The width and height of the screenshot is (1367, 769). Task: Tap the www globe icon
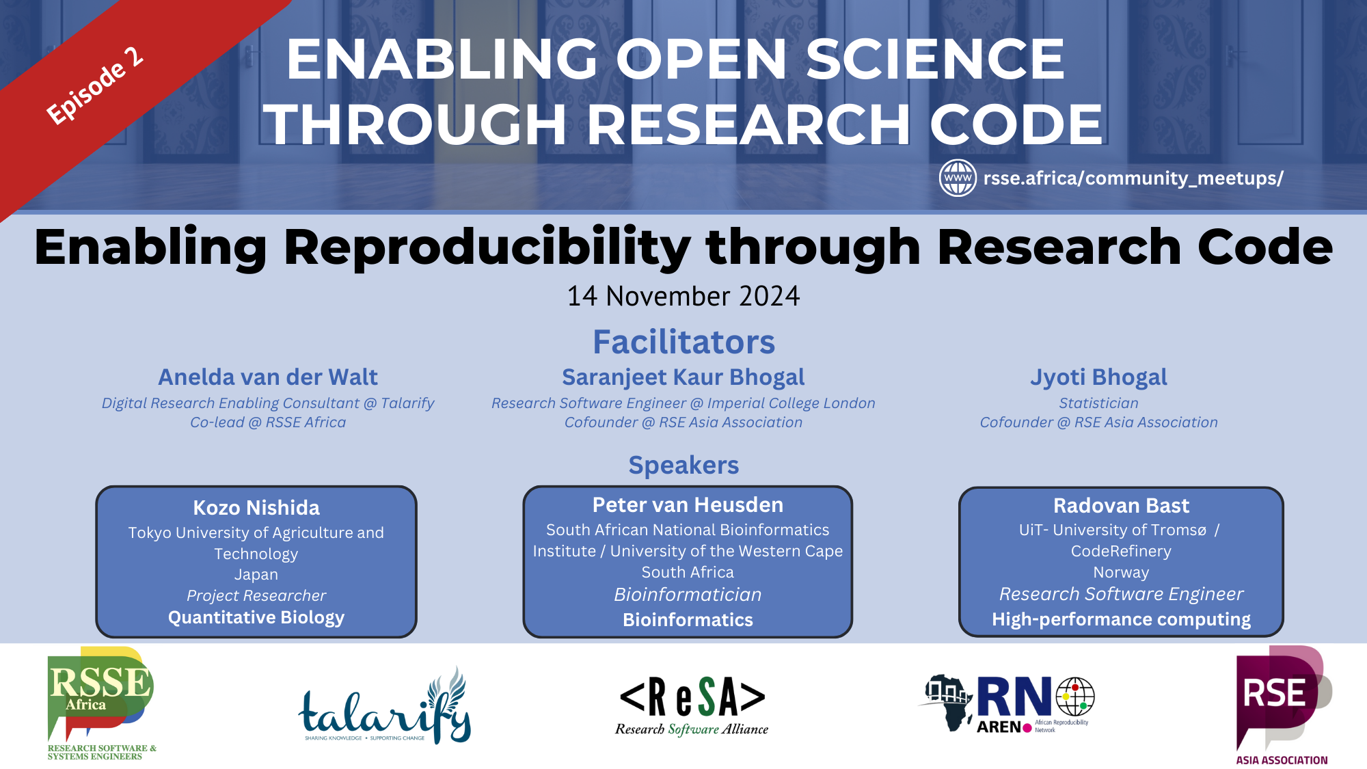coord(958,178)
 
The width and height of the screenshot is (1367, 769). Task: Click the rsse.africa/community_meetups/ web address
coord(1133,178)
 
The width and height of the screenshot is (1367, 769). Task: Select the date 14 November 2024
coord(683,296)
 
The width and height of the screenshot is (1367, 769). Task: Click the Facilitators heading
coord(683,342)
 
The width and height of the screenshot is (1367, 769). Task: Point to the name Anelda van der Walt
coord(268,377)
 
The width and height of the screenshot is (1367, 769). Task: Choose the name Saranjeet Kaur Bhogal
coord(683,377)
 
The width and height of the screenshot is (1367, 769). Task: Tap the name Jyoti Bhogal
coord(1098,377)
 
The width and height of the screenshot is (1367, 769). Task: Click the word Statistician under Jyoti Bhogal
coord(1098,403)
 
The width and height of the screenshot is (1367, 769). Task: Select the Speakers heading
coord(683,465)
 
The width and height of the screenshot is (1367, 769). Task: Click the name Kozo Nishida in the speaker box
coord(256,507)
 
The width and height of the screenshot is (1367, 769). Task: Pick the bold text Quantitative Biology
coord(256,617)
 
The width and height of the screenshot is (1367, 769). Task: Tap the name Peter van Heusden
coord(688,504)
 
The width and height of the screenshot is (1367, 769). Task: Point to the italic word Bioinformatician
coord(688,595)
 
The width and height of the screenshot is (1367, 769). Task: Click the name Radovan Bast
coord(1121,505)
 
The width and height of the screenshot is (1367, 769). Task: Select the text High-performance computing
coord(1121,619)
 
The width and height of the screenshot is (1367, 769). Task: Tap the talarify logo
coord(385,707)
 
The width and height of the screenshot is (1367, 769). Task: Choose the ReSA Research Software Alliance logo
coord(692,706)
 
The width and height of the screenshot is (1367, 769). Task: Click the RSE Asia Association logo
coord(1282,704)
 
